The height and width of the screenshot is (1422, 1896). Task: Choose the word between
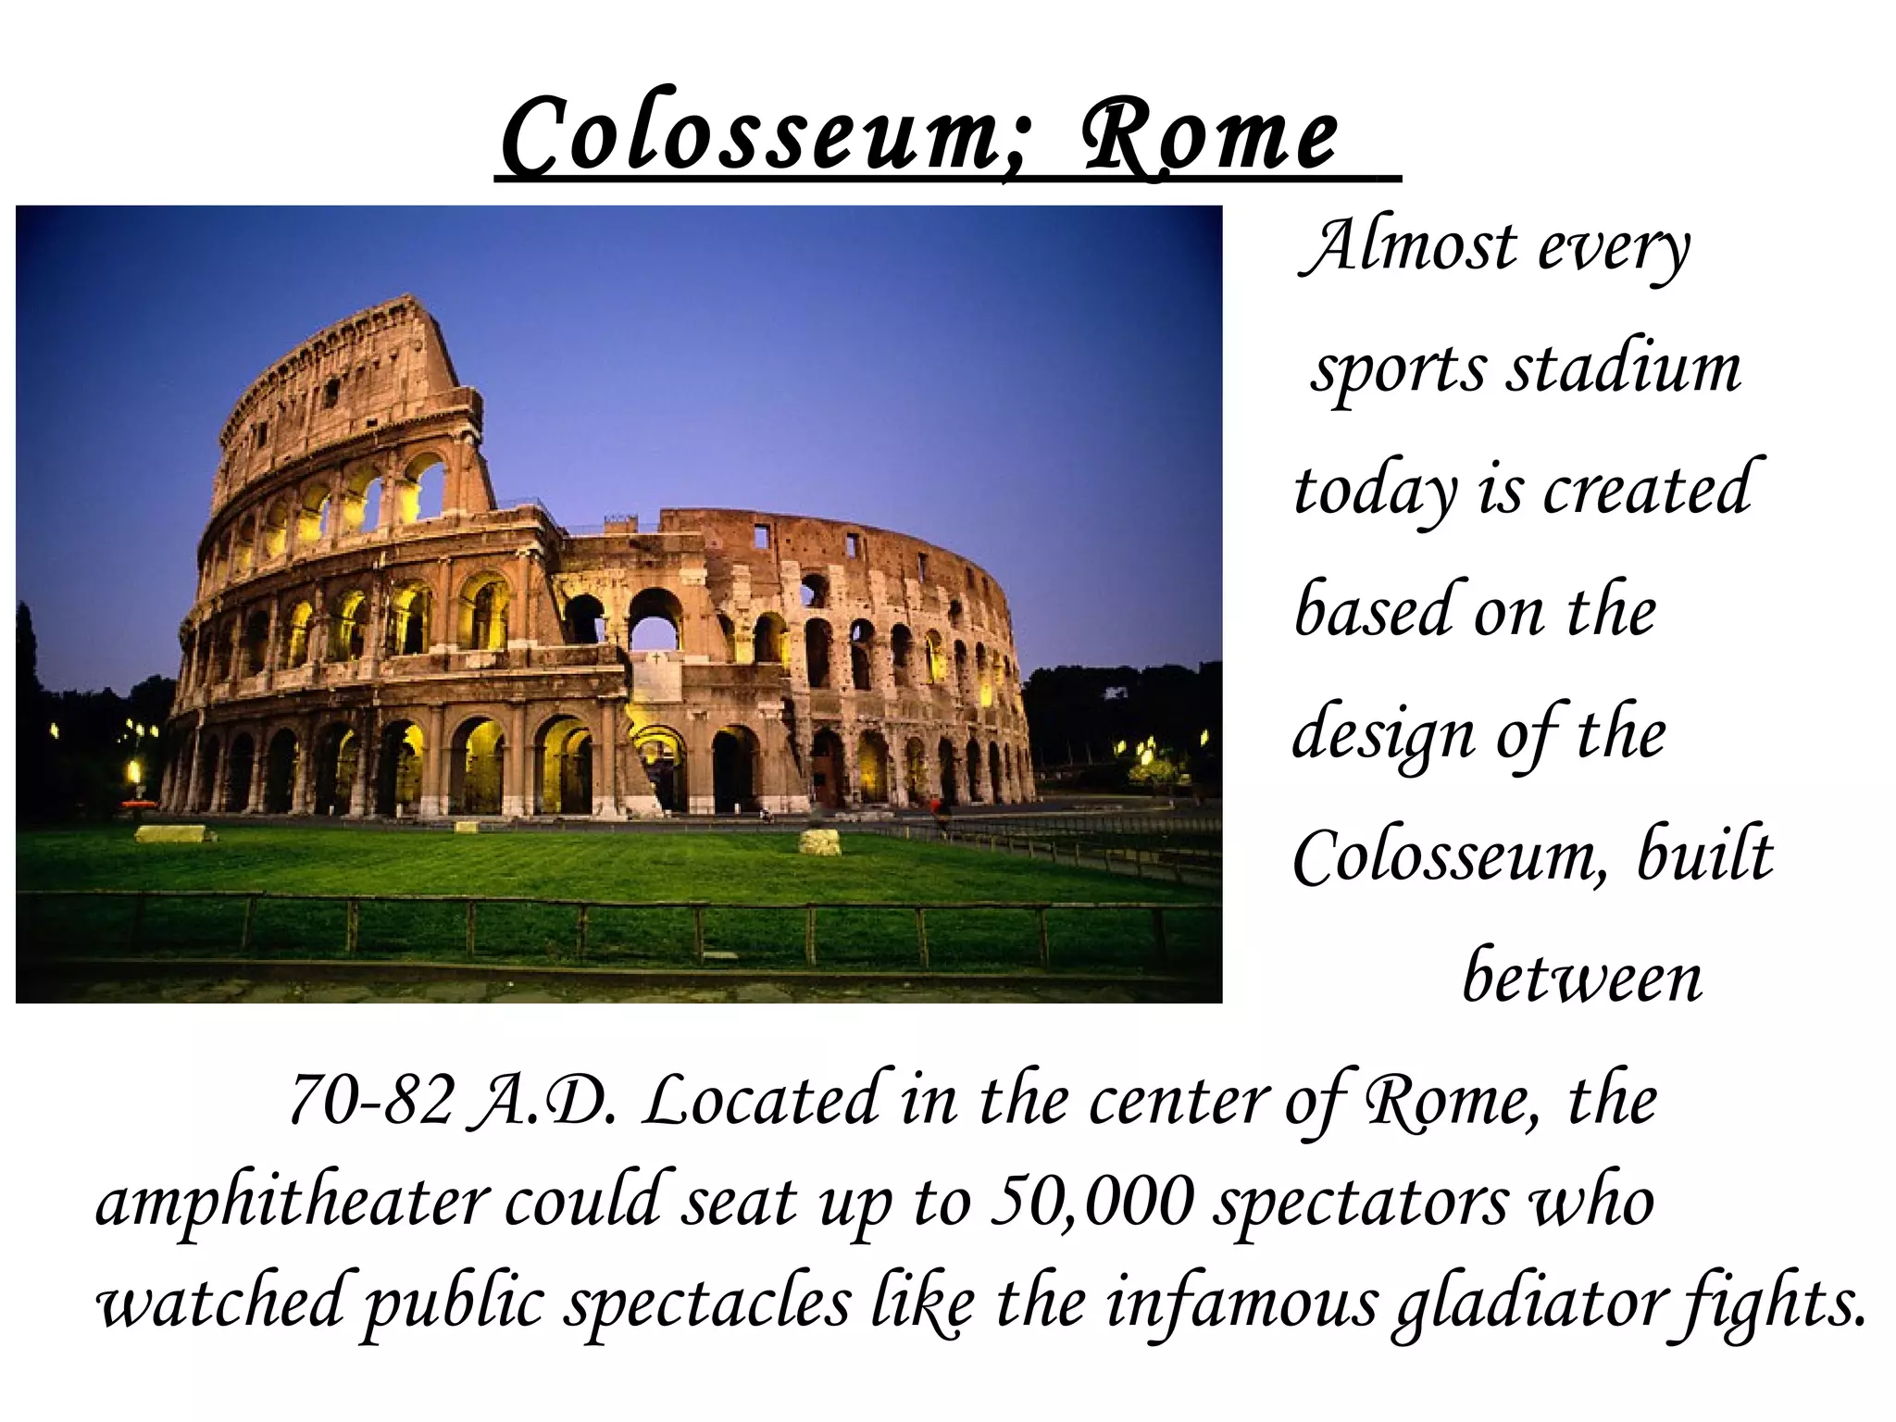point(1581,978)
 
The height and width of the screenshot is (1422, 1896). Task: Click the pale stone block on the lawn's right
point(819,842)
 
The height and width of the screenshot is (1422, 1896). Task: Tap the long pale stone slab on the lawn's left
point(170,834)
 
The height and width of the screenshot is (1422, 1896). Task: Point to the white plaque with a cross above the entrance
point(656,677)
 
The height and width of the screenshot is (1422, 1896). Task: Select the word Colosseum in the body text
point(1450,857)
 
